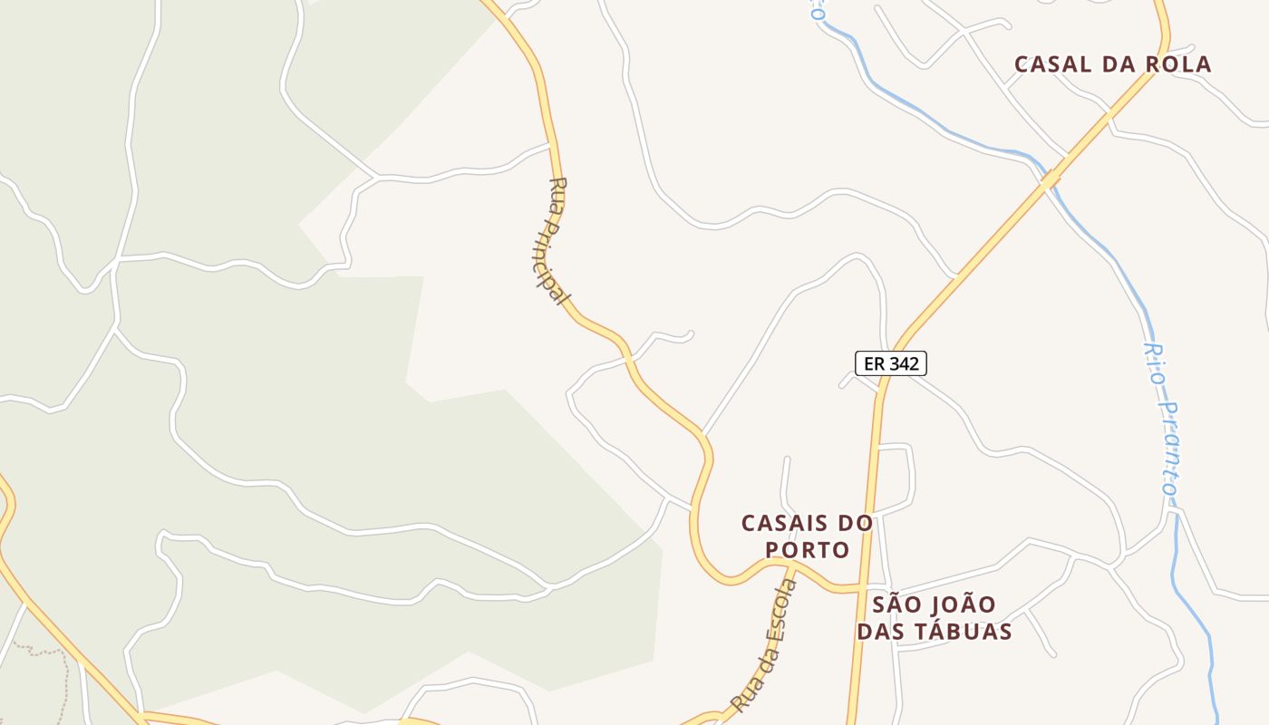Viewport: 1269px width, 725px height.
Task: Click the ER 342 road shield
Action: pyautogui.click(x=891, y=363)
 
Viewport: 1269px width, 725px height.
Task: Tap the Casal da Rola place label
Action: pyautogui.click(x=1112, y=64)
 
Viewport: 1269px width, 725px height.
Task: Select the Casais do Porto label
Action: pyautogui.click(x=807, y=536)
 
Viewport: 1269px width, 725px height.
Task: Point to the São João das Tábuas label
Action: pyautogui.click(x=934, y=617)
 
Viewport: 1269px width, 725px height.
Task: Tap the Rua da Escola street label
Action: pyautogui.click(x=767, y=645)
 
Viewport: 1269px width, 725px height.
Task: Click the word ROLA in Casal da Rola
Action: pyautogui.click(x=1177, y=64)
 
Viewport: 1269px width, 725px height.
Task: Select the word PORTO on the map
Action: pyautogui.click(x=808, y=550)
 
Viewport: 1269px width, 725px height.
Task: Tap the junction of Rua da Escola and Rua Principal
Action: pyautogui.click(x=791, y=564)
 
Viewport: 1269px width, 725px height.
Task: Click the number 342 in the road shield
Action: pyautogui.click(x=905, y=363)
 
